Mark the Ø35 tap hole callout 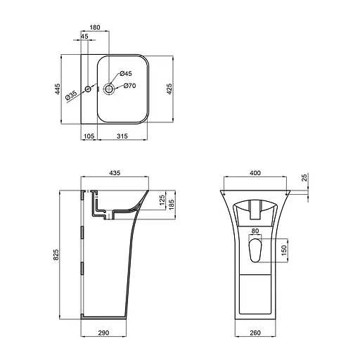72,96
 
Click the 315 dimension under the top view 122,136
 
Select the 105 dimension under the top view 89,136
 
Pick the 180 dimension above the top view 94,28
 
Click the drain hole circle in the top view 110,89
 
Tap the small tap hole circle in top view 88,89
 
